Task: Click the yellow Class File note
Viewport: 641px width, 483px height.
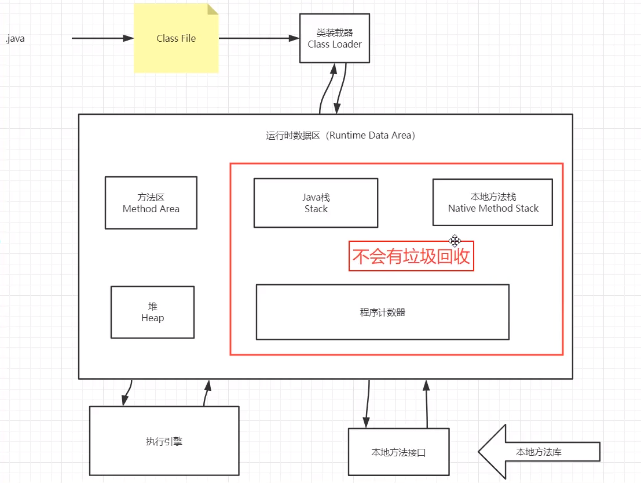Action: click(x=175, y=39)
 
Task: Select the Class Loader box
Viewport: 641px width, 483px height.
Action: click(x=335, y=39)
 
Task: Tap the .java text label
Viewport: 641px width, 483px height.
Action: click(x=15, y=39)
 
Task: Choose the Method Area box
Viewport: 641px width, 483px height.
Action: click(x=151, y=203)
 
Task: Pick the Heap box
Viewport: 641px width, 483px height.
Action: click(x=152, y=312)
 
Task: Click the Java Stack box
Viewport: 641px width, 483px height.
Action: click(x=316, y=203)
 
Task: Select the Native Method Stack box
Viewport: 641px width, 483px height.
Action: click(x=493, y=202)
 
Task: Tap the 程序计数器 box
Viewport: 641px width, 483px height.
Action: click(x=382, y=312)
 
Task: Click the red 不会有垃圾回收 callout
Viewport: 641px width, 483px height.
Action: click(x=411, y=256)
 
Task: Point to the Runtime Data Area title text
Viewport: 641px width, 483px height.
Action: click(x=340, y=136)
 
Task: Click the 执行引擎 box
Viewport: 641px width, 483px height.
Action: click(x=164, y=441)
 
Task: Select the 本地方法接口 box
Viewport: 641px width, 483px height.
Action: click(x=398, y=452)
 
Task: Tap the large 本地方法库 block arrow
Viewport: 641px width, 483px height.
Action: click(x=539, y=452)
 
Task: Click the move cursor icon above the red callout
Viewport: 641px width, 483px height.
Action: click(x=455, y=241)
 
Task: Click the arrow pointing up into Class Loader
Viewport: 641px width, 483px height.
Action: click(x=328, y=87)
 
